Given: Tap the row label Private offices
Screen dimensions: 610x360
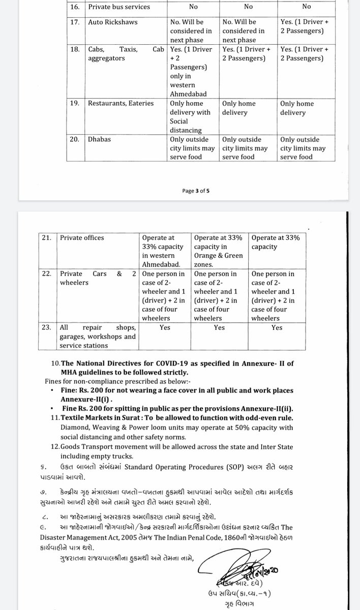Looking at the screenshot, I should click(x=82, y=237).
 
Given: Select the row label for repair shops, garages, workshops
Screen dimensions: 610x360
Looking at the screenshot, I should click(x=98, y=337).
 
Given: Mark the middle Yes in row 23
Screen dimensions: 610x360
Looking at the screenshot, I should click(x=219, y=328).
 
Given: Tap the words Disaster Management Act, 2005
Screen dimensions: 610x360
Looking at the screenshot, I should click(x=93, y=524).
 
